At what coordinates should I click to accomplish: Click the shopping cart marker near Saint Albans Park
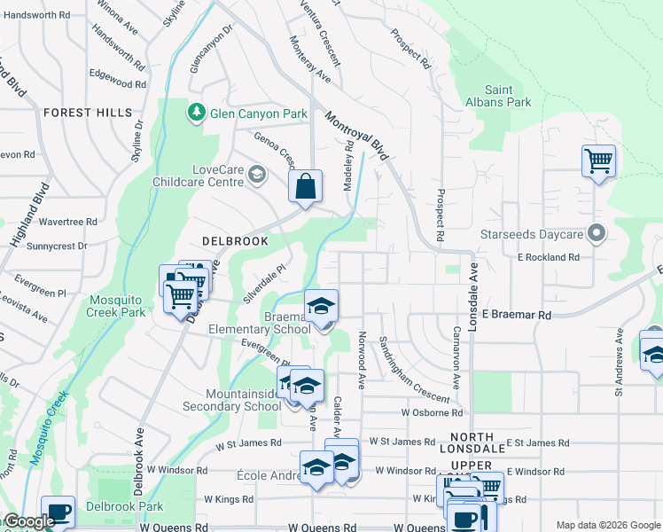(598, 162)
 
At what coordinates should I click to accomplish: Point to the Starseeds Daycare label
(542, 234)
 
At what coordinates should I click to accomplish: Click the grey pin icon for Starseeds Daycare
(597, 234)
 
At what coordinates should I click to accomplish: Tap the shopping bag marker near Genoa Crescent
(305, 187)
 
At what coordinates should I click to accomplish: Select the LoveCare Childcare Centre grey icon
(257, 174)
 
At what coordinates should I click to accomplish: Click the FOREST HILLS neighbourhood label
(88, 113)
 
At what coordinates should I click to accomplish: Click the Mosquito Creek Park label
(116, 306)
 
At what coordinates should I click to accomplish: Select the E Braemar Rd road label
(516, 315)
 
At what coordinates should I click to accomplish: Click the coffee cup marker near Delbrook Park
(58, 512)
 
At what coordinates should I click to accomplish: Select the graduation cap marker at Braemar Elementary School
(321, 307)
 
